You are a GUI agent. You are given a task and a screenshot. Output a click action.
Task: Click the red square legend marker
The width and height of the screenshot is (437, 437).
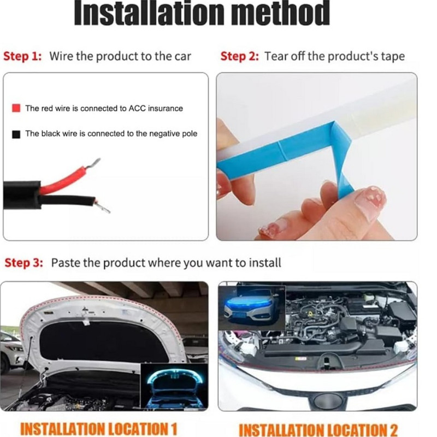point(16,108)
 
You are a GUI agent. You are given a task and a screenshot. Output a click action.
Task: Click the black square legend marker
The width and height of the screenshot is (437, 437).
point(16,134)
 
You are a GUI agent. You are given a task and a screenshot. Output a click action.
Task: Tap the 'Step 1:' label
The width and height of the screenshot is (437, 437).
point(22,56)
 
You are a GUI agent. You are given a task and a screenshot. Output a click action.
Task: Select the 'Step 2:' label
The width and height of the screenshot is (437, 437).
point(239,56)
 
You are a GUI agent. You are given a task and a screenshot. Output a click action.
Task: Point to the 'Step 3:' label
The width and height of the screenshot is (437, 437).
point(24,263)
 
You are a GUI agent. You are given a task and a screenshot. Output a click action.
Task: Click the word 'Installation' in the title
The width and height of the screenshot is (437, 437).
point(149,13)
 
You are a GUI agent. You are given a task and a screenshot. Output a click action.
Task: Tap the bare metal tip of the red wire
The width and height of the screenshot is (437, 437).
point(93,163)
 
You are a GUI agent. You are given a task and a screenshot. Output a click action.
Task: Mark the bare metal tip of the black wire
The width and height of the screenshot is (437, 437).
point(102,207)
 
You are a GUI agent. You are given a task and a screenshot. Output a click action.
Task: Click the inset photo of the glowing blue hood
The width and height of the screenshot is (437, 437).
point(174,386)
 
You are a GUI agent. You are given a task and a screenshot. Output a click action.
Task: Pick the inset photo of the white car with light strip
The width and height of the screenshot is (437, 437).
point(252,308)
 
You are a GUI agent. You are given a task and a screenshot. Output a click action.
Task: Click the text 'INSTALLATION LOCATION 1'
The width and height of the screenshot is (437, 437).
point(99,429)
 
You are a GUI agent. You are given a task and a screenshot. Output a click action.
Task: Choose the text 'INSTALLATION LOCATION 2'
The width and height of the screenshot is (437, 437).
point(318,430)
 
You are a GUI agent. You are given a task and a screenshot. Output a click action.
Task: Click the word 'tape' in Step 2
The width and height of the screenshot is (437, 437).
point(393,57)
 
